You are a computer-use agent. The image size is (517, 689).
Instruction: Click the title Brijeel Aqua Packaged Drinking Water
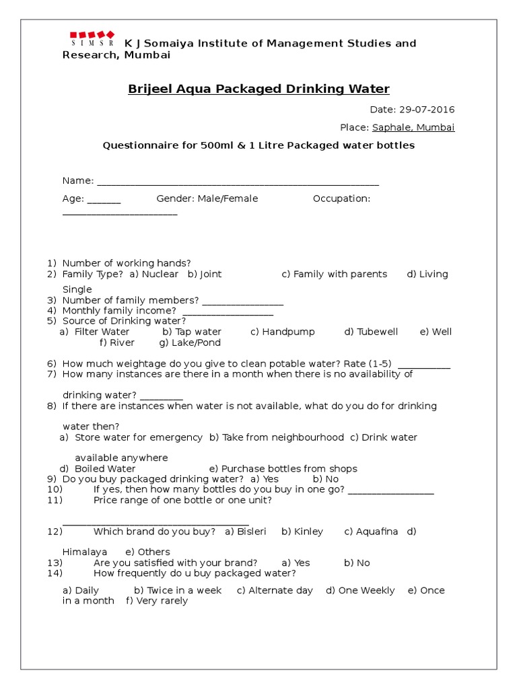coord(258,89)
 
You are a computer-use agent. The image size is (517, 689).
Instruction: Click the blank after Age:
coord(104,200)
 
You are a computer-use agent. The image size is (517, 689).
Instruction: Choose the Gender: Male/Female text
coord(207,198)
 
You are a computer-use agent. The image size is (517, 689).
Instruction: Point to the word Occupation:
coord(341,198)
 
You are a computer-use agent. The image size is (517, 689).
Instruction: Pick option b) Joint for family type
coord(205,274)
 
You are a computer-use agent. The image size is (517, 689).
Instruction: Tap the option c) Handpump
coord(282,332)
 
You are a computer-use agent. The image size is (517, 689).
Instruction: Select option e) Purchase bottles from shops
coord(283,468)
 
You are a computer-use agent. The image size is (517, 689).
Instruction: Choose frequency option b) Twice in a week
coord(178,590)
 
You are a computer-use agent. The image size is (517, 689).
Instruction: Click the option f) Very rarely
coord(157,601)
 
